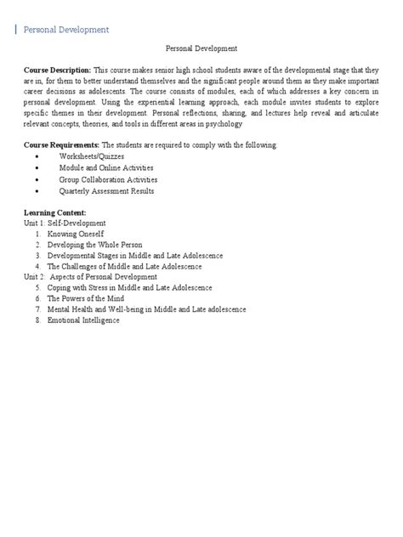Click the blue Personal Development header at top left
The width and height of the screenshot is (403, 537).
(x=65, y=30)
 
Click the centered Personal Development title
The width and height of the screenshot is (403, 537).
(x=201, y=49)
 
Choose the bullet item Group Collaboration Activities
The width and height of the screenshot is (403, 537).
(x=108, y=180)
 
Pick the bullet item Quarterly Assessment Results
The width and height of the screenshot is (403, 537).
(x=106, y=191)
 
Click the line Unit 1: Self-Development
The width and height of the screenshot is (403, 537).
(x=65, y=223)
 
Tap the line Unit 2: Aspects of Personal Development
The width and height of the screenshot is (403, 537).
(x=91, y=277)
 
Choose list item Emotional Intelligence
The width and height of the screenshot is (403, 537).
(x=83, y=320)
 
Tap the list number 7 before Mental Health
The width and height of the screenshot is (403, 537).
(x=38, y=310)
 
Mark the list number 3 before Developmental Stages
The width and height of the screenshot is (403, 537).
(x=38, y=256)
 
